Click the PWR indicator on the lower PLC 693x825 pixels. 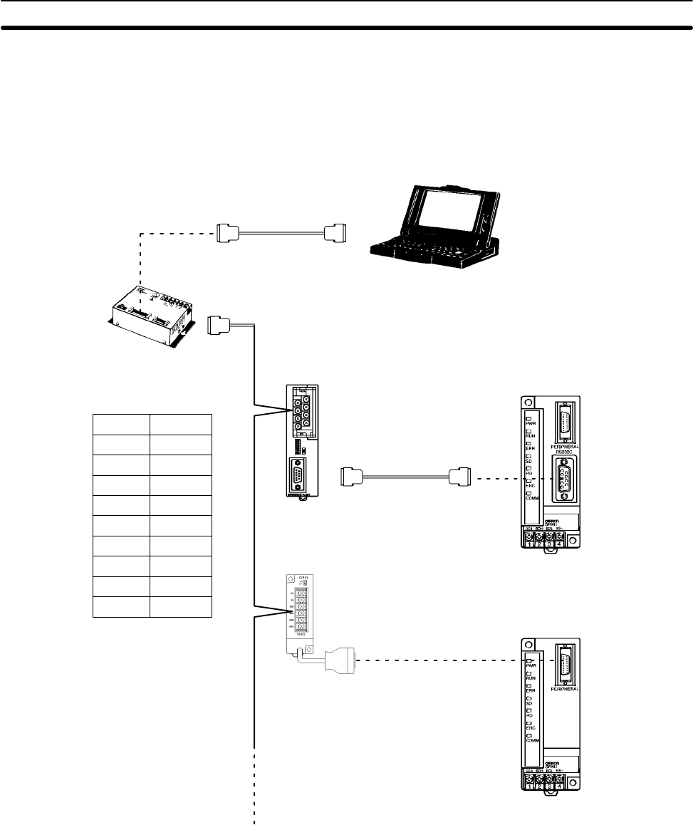tap(531, 659)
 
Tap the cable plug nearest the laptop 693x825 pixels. tap(335, 232)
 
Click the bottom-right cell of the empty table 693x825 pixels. tap(181, 606)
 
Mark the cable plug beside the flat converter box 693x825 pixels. tap(219, 326)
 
